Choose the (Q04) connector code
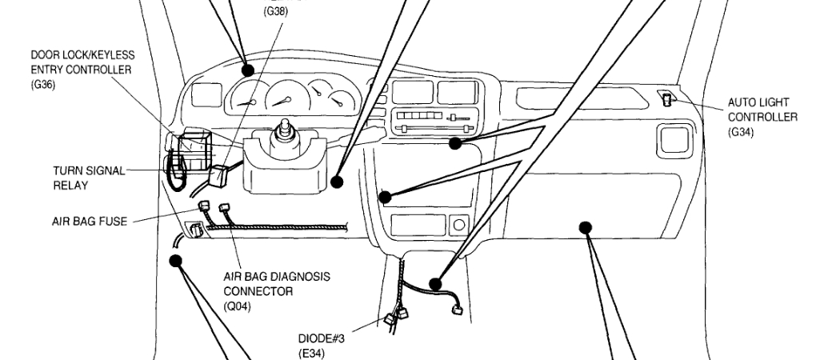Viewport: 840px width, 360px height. point(237,306)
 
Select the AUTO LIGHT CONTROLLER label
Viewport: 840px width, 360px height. point(762,110)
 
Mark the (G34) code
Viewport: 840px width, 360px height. point(741,132)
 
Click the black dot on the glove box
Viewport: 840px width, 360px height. point(586,226)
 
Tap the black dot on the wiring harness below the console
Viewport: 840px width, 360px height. point(436,283)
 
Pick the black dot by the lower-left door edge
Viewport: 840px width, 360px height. point(175,259)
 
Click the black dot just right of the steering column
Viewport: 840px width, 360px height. point(337,182)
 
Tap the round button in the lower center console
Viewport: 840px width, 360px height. point(458,225)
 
